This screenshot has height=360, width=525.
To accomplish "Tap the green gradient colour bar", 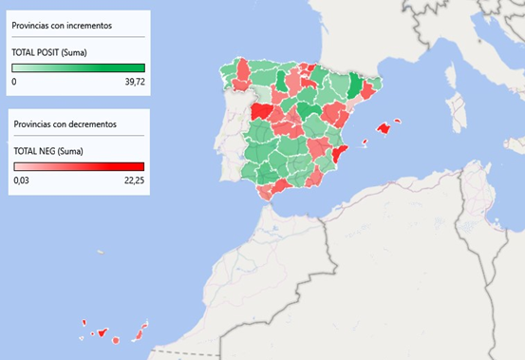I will pyautogui.click(x=78, y=67).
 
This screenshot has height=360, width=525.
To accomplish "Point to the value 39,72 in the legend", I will pyautogui.click(x=133, y=82).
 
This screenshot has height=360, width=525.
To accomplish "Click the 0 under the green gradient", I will pyautogui.click(x=14, y=82).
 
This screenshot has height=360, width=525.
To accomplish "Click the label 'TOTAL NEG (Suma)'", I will pyautogui.click(x=47, y=150).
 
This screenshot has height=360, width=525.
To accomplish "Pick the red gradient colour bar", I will pyautogui.click(x=78, y=166).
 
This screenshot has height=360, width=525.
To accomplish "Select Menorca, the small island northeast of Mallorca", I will pyautogui.click(x=398, y=121).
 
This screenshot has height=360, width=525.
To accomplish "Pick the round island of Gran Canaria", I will pyautogui.click(x=115, y=339).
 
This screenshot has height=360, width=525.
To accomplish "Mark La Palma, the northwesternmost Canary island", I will pyautogui.click(x=84, y=323).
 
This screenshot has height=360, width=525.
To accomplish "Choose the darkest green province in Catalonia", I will pyautogui.click(x=355, y=86).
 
